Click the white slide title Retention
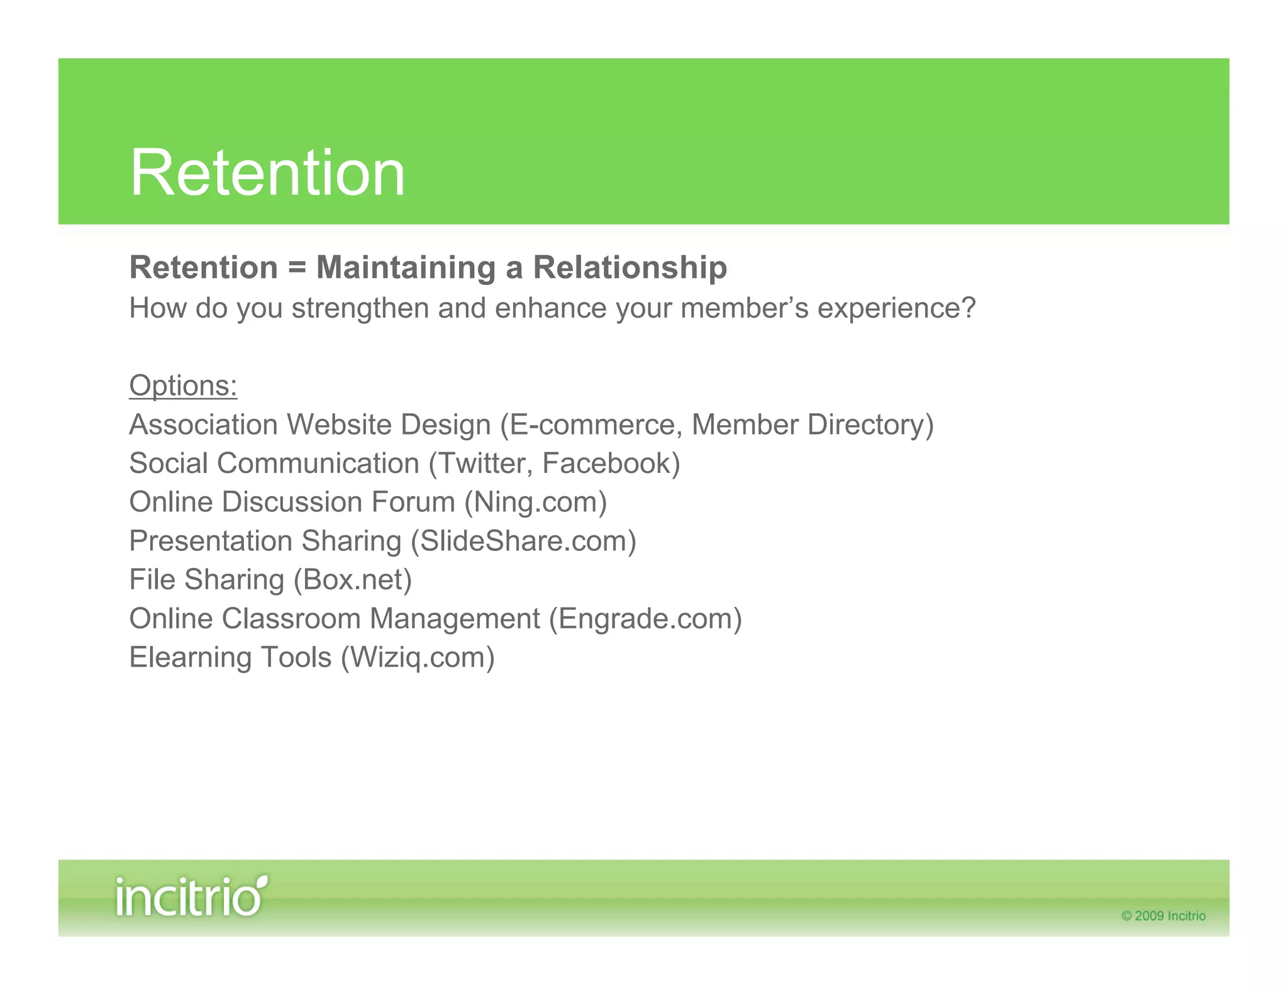267,173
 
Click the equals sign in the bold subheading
297,268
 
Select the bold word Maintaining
406,268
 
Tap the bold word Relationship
630,268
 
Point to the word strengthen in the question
360,309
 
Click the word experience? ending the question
896,309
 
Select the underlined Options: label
183,386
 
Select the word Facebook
607,464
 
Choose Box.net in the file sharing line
353,580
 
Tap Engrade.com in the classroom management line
645,619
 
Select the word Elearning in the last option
190,658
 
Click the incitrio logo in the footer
191,896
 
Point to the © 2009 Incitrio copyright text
1163,916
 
